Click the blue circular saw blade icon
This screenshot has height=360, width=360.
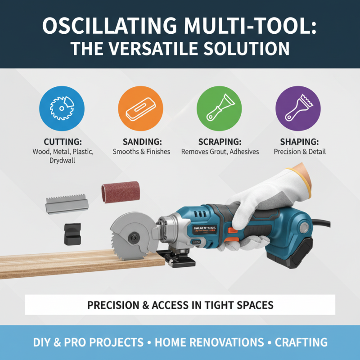point(62,108)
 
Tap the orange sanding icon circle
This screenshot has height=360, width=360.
point(140,108)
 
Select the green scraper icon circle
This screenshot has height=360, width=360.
point(219,108)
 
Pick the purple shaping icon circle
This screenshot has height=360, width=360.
point(298,108)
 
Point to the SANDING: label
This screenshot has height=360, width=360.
point(141,141)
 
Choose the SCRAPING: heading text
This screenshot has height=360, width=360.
point(220,141)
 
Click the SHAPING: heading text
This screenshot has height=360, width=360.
point(298,141)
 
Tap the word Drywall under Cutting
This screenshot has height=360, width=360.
point(63,161)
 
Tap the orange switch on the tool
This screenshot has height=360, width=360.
point(233,232)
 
